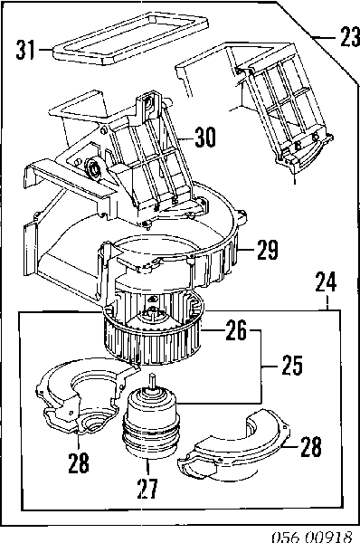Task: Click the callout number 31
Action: click(x=25, y=50)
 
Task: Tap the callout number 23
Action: click(x=350, y=36)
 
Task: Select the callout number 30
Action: click(x=205, y=137)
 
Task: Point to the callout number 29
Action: click(x=268, y=250)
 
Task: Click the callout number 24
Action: click(x=326, y=282)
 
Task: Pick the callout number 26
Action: click(x=236, y=330)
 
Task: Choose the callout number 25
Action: click(x=292, y=365)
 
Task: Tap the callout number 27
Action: click(x=147, y=489)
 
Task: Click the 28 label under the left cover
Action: click(x=79, y=463)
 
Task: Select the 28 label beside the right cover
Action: click(x=311, y=446)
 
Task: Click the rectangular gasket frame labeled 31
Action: click(x=131, y=38)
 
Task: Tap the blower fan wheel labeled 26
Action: click(x=152, y=328)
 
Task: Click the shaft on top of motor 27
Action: click(x=153, y=380)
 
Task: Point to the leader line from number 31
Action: click(x=45, y=50)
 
